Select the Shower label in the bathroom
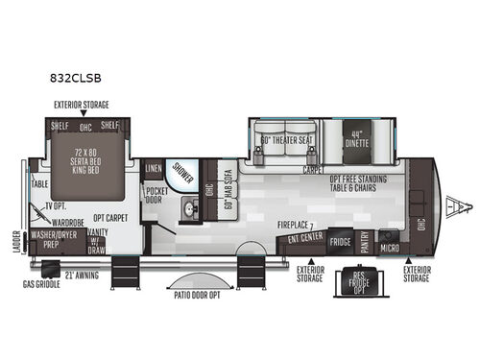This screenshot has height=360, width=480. [181, 171]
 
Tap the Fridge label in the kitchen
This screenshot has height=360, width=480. [342, 242]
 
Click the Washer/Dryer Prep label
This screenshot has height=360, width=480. [54, 237]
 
